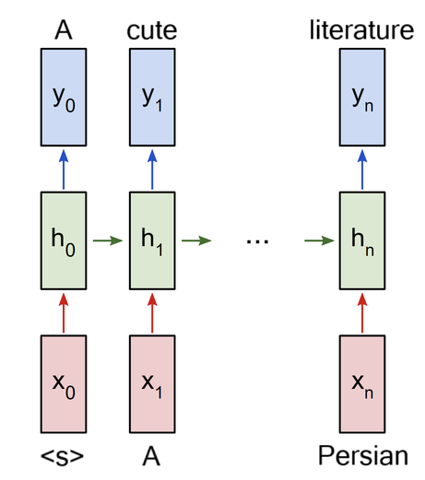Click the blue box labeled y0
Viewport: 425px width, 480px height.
pos(64,97)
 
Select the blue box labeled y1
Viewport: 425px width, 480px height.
pos(152,97)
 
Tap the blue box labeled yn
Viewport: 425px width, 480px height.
pos(362,97)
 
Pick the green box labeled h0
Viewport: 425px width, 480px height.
pos(64,240)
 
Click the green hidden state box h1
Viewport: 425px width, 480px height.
pos(152,240)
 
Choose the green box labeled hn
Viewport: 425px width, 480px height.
pos(362,240)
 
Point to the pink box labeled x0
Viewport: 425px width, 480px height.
pos(64,384)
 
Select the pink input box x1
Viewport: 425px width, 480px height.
pos(152,384)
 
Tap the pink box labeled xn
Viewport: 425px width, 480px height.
pos(362,384)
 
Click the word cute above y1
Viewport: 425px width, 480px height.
pos(152,31)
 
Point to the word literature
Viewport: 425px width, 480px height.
pos(361,29)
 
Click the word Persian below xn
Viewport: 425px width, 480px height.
pos(363,456)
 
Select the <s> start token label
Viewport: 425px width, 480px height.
pos(62,457)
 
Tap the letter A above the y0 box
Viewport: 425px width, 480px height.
pos(64,30)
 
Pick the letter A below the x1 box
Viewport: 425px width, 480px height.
pos(151,457)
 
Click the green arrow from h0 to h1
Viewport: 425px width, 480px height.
pos(108,240)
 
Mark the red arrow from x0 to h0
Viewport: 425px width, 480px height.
pos(64,312)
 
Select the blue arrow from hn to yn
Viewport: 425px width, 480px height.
pos(362,170)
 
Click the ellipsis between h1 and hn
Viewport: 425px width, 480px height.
pos(257,241)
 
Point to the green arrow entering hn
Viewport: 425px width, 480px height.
pos(319,240)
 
